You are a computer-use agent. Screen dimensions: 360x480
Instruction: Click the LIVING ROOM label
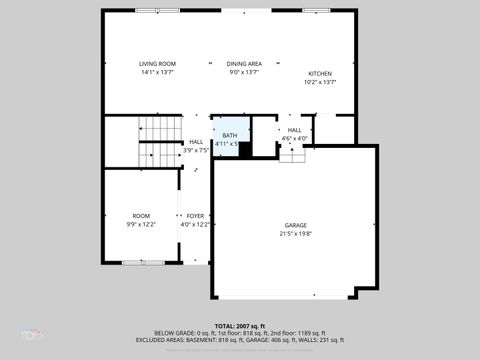(x=157, y=63)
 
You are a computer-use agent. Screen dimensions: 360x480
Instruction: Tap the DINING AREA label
(x=244, y=63)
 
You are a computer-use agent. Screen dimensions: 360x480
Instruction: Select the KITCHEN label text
(x=320, y=74)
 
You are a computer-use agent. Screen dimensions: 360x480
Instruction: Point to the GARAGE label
(x=295, y=225)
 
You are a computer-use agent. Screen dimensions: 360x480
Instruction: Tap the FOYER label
(x=195, y=216)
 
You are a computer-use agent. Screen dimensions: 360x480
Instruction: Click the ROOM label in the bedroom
(x=141, y=216)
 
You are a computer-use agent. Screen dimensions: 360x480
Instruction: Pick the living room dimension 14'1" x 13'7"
(x=157, y=72)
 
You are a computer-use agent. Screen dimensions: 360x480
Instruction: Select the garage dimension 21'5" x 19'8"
(x=295, y=234)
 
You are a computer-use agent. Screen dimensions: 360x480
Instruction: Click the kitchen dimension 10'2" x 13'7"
(x=320, y=83)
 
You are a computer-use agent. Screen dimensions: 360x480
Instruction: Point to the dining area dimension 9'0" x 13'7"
(x=244, y=72)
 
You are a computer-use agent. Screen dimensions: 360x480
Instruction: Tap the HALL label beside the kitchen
(x=295, y=130)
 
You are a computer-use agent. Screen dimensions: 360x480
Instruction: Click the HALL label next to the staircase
(x=196, y=142)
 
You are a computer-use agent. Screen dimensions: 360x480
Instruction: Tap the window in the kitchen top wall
(x=322, y=11)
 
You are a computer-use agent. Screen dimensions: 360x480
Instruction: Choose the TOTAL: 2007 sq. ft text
(x=240, y=326)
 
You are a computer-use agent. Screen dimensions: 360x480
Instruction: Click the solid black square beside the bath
(x=245, y=150)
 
